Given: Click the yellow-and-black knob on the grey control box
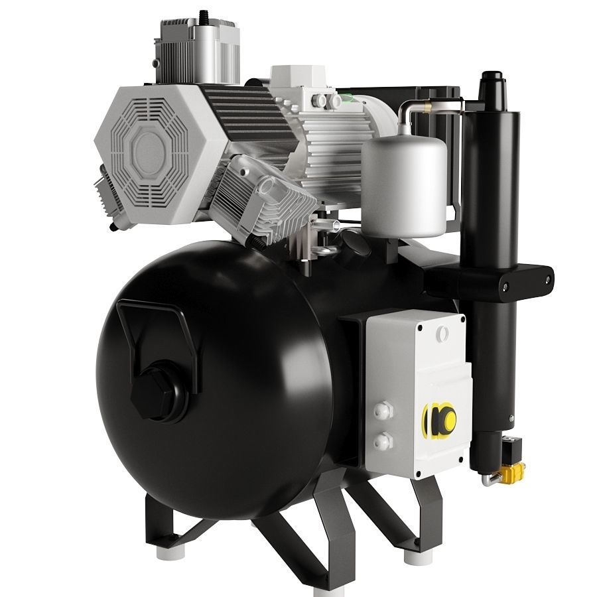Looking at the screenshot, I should (x=440, y=419).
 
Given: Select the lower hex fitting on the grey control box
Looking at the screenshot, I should (x=383, y=440).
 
